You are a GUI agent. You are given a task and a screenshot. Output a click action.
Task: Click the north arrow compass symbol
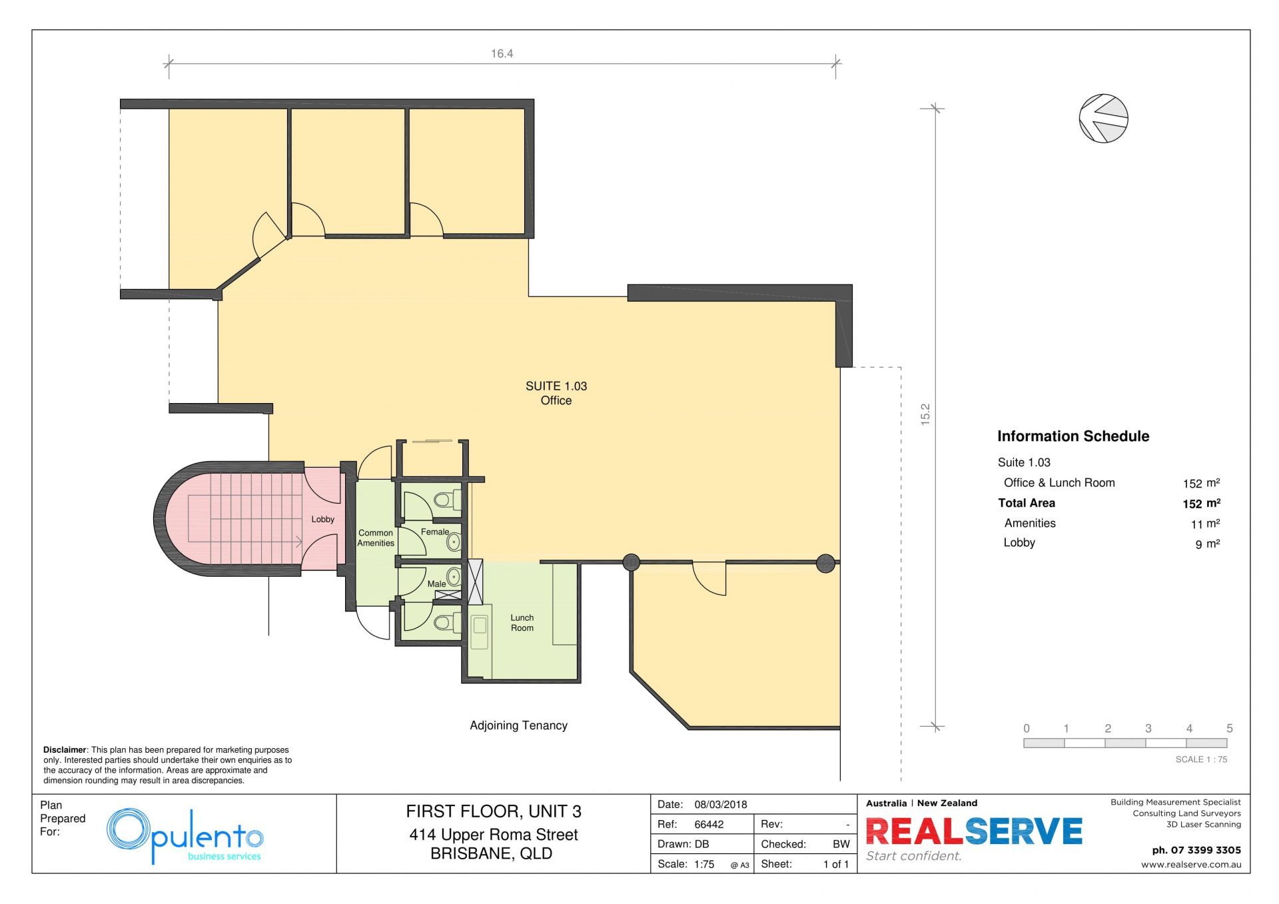[x=1103, y=119]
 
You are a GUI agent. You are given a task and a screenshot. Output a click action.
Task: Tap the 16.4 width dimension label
[x=502, y=54]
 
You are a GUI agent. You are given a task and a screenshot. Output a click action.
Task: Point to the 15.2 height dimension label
[x=925, y=414]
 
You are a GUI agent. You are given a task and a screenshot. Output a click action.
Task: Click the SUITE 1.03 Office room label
[x=556, y=393]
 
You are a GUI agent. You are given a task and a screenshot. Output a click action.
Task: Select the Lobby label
[x=323, y=520]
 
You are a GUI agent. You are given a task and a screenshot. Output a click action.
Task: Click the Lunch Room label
[x=522, y=623]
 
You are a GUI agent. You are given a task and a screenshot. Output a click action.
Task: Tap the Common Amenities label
[x=376, y=538]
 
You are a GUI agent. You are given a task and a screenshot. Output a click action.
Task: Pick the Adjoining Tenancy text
[x=518, y=725]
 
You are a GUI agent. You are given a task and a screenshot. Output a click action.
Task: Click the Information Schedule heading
[x=1073, y=436]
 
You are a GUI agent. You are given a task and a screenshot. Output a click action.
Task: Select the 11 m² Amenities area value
[x=1205, y=524]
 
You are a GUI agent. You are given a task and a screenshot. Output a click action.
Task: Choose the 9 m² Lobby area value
[x=1207, y=544]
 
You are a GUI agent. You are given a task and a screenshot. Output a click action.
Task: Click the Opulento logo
[x=185, y=836]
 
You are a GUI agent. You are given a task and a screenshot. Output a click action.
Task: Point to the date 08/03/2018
[x=721, y=804]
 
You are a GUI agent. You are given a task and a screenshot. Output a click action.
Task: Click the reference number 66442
[x=709, y=824]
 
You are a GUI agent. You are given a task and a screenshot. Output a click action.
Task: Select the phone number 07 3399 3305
[x=1206, y=850]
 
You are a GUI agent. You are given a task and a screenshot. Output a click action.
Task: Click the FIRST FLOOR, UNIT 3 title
[x=494, y=811]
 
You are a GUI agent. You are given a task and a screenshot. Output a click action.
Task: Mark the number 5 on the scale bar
[x=1230, y=728]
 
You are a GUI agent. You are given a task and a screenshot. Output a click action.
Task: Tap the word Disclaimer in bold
[x=65, y=750]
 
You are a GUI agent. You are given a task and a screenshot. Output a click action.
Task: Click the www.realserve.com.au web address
[x=1191, y=865]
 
